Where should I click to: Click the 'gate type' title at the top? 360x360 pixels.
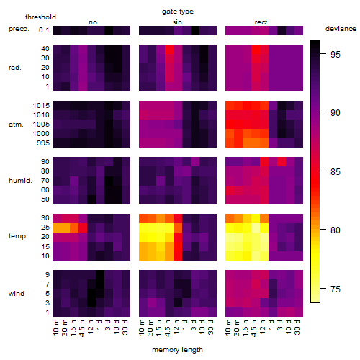point(178,12)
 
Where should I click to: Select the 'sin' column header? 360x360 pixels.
point(177,22)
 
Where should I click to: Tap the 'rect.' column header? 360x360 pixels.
point(262,22)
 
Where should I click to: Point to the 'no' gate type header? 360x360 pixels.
point(93,22)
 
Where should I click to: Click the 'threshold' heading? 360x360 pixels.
point(40,17)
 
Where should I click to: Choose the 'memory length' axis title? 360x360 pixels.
point(177,350)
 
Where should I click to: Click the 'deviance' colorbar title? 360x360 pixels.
point(341,29)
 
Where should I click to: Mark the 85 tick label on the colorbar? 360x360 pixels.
point(336,172)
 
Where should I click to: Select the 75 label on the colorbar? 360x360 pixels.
point(336,289)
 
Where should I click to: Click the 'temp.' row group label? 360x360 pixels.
point(18,236)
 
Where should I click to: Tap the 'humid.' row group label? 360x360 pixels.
point(20,181)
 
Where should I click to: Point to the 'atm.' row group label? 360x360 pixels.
point(16,125)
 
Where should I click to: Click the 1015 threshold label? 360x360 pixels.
point(41,106)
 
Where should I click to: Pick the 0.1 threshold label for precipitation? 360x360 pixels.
point(44,30)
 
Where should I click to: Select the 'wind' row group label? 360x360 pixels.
point(17,294)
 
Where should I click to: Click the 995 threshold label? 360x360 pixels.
point(43,143)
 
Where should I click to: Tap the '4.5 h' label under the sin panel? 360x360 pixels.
point(168,328)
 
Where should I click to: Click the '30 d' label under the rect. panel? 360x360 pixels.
point(297,327)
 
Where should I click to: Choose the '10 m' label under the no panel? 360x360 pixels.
point(55,327)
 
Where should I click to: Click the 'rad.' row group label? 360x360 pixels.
point(15,68)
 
